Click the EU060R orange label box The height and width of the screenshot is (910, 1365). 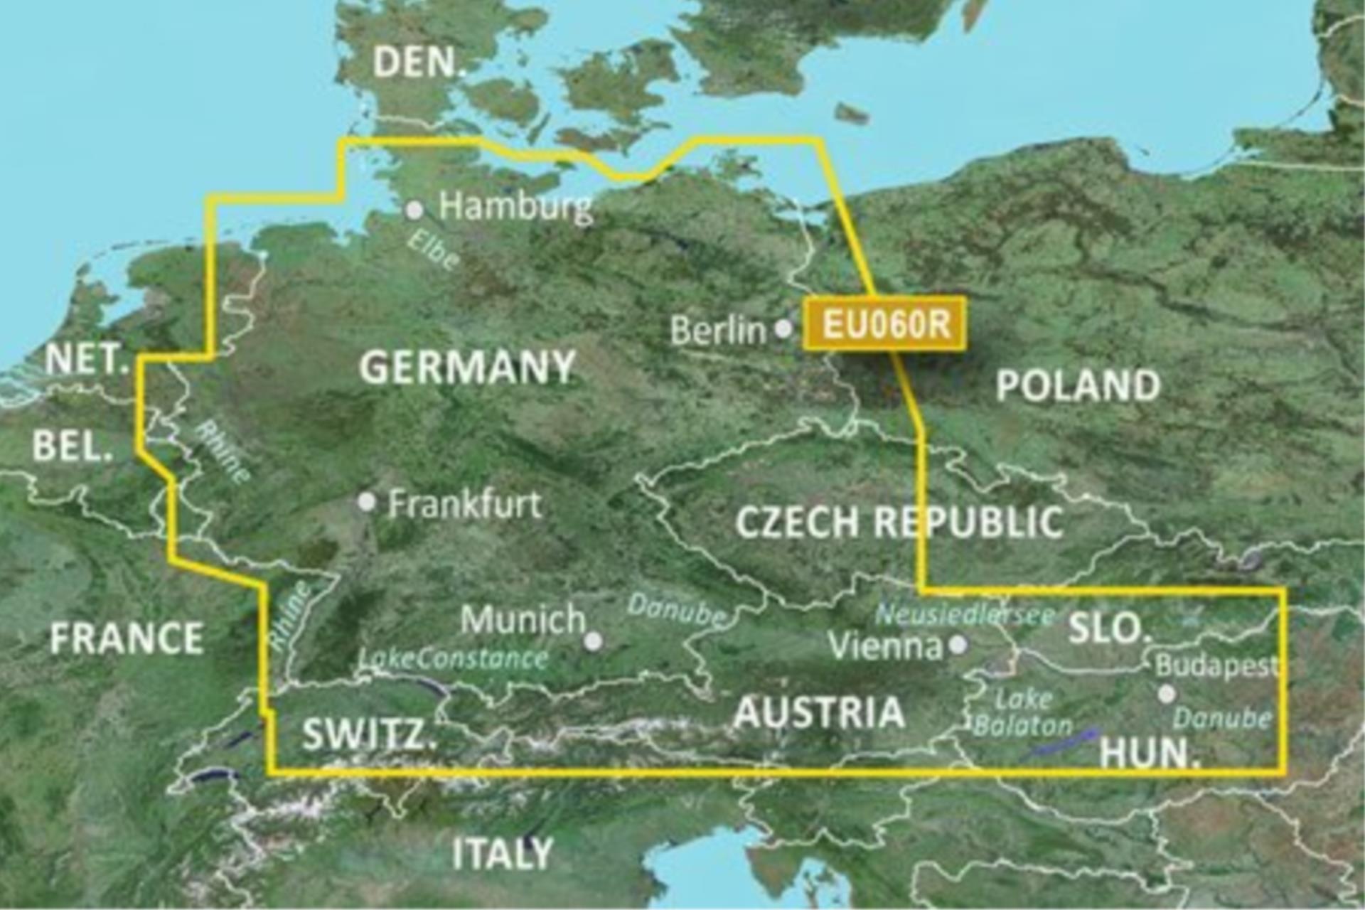click(884, 324)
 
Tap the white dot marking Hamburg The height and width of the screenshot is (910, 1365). click(414, 210)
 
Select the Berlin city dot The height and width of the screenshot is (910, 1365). click(783, 328)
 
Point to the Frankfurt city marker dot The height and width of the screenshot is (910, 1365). click(367, 503)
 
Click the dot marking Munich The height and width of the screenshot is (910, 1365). click(593, 641)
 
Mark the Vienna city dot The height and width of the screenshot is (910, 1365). click(958, 645)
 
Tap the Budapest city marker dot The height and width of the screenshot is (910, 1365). click(1167, 694)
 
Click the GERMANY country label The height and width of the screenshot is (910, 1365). click(467, 368)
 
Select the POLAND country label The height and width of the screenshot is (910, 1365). click(1078, 386)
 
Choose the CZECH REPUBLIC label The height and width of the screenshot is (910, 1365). click(899, 523)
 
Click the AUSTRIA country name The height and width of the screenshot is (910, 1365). click(819, 712)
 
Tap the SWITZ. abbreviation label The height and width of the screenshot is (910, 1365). click(369, 734)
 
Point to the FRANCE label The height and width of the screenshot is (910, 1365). click(127, 638)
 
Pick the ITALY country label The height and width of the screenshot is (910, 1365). click(503, 853)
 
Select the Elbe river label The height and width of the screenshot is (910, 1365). click(433, 250)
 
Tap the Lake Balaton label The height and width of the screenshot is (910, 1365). click(1023, 713)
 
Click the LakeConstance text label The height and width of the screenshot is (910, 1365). click(454, 658)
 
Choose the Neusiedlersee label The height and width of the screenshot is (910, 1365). click(964, 615)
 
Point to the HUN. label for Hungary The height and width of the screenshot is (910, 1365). click(1150, 753)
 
